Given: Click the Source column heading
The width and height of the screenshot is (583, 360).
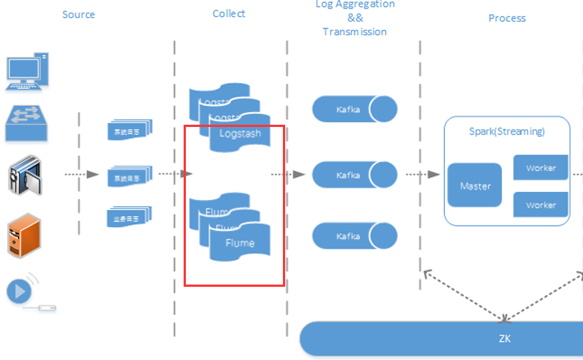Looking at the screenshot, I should click(78, 15).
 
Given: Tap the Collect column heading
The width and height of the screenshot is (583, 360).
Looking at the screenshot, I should click(228, 13).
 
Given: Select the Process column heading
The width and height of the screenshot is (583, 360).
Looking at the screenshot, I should click(507, 18).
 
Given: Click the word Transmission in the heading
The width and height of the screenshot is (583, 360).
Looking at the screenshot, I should click(355, 32).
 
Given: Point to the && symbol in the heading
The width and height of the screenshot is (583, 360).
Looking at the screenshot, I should click(355, 18).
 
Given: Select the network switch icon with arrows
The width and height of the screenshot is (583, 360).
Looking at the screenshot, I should click(28, 123).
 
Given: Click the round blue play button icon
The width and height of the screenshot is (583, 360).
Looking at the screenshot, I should click(19, 290).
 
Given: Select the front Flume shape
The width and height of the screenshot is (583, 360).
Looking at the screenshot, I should click(240, 243).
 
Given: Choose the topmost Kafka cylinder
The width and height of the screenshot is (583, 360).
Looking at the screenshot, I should click(355, 110).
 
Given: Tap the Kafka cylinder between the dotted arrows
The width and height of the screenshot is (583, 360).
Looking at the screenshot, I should click(355, 175).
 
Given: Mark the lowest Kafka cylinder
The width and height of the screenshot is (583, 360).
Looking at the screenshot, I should click(355, 235).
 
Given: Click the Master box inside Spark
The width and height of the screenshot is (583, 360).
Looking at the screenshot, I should click(475, 185).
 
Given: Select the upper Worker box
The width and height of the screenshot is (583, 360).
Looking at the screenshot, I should click(540, 168).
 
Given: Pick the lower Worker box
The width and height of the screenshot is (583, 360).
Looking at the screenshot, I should click(540, 205).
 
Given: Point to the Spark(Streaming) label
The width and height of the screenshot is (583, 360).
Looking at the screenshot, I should click(507, 131).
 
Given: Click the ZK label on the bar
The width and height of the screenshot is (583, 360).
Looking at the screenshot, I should click(505, 339).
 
